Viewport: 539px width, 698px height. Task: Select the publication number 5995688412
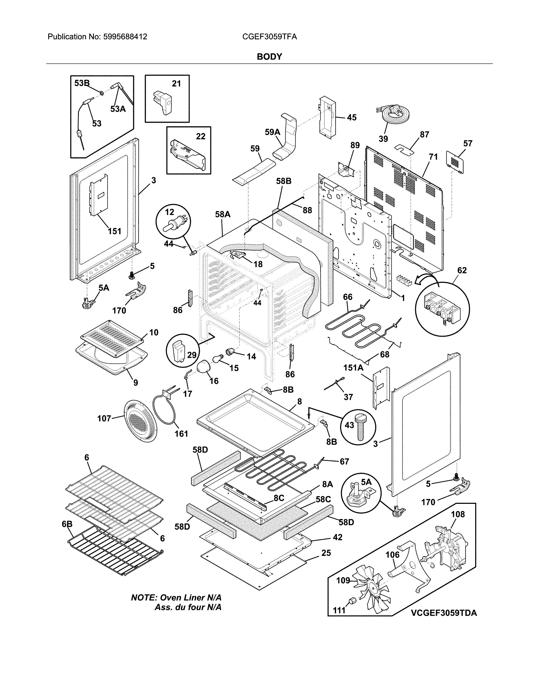125,37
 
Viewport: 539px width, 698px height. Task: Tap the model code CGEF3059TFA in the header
269,37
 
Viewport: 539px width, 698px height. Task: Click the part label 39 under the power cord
383,139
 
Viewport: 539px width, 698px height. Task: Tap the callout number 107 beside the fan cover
104,418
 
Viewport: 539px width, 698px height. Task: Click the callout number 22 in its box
201,136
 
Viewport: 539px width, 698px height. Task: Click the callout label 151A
353,368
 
